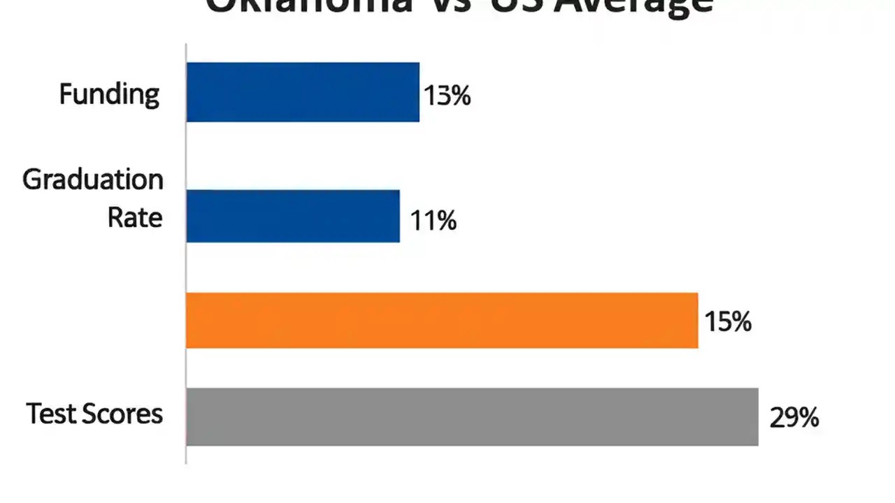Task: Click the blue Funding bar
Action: (x=303, y=92)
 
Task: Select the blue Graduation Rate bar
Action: (x=293, y=216)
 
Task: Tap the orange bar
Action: (x=442, y=321)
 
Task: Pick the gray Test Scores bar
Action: (x=472, y=416)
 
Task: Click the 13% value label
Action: (x=447, y=95)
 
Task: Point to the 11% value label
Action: (x=434, y=221)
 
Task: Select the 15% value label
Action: (x=728, y=322)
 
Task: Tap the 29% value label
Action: (x=794, y=418)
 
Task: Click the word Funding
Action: (x=109, y=94)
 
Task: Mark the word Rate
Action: (x=135, y=217)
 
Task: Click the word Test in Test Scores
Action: (x=50, y=414)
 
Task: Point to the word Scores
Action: (x=122, y=414)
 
